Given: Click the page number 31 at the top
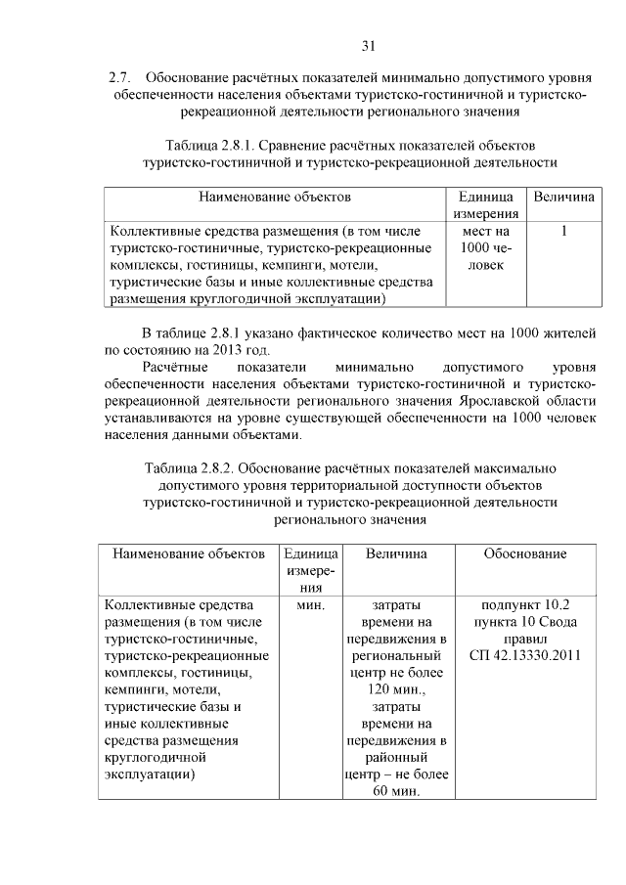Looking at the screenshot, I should pyautogui.click(x=369, y=45).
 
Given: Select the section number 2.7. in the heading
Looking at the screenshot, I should pyautogui.click(x=121, y=76).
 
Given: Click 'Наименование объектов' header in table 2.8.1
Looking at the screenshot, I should pyautogui.click(x=275, y=198).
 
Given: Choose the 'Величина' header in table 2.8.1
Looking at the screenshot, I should pyautogui.click(x=564, y=198).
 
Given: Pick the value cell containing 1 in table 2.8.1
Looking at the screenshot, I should pyautogui.click(x=564, y=232).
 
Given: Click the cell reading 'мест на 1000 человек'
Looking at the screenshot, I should pyautogui.click(x=486, y=248).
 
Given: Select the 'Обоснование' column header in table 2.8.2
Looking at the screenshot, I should pyautogui.click(x=524, y=554).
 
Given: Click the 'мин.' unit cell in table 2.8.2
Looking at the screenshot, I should pyautogui.click(x=310, y=605).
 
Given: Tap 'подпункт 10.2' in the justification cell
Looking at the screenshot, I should pyautogui.click(x=524, y=605).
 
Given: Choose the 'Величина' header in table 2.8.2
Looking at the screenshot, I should pyautogui.click(x=396, y=554).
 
